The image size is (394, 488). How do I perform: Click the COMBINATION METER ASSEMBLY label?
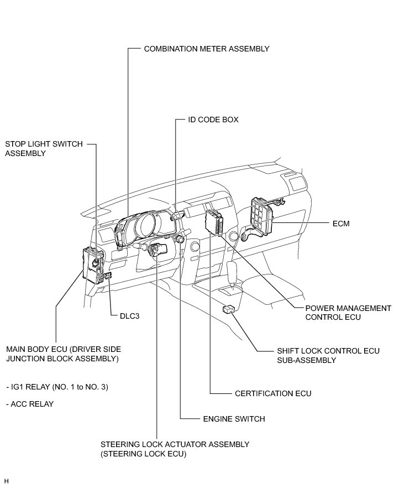(x=206, y=49)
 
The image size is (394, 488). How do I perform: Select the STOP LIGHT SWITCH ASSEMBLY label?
(x=44, y=148)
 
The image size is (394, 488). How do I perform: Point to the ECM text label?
(x=341, y=224)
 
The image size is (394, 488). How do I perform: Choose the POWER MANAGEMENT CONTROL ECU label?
(x=348, y=313)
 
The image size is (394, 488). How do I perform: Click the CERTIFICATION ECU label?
(x=273, y=393)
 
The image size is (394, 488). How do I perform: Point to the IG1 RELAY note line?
(x=57, y=387)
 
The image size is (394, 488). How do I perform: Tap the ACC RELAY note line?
(x=30, y=404)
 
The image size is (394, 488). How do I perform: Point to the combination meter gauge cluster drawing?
(x=145, y=227)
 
